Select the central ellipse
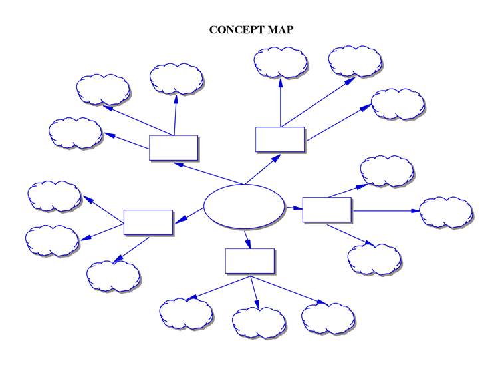pyautogui.click(x=243, y=207)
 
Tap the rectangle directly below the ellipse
pyautogui.click(x=249, y=260)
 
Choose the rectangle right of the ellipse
pyautogui.click(x=326, y=209)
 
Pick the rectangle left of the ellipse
pyautogui.click(x=148, y=222)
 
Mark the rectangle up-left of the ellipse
pyautogui.click(x=173, y=147)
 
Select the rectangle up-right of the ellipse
pyautogui.click(x=280, y=139)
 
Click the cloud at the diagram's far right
pyautogui.click(x=446, y=212)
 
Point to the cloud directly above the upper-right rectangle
pyautogui.click(x=281, y=62)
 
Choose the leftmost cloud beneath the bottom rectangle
pyautogui.click(x=186, y=314)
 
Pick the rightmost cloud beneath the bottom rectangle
pyautogui.click(x=328, y=318)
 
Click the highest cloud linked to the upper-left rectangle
pyautogui.click(x=176, y=79)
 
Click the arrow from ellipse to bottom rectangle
pyautogui.click(x=247, y=238)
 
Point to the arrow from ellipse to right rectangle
pyautogui.click(x=293, y=208)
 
